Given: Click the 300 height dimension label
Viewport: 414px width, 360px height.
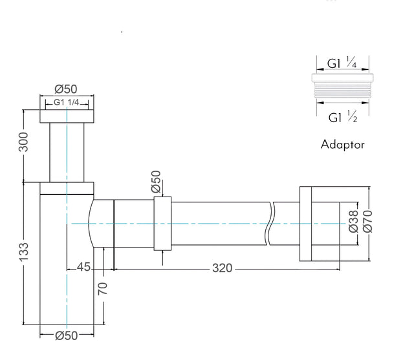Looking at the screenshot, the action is click(23, 142).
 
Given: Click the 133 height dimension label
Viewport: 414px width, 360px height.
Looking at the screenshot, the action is click(23, 252).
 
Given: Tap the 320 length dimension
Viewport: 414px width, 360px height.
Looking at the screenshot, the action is click(222, 268).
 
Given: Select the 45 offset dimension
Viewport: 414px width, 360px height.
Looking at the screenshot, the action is click(83, 267).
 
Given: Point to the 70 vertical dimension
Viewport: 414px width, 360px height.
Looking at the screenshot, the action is click(102, 289).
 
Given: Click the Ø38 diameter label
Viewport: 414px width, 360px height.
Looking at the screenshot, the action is click(353, 221).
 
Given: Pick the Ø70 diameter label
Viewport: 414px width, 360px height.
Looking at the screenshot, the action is click(367, 221).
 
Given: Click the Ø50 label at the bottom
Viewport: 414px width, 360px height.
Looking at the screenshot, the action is click(67, 335).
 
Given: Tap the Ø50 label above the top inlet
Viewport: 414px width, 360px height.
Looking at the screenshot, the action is click(66, 89).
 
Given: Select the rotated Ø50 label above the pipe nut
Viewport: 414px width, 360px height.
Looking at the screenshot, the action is click(156, 182).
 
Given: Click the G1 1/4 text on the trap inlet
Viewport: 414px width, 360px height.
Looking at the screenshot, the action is click(66, 102).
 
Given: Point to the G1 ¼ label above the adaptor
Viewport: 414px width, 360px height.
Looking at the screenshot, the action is click(342, 63).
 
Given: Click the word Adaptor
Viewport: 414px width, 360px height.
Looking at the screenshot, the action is click(342, 145).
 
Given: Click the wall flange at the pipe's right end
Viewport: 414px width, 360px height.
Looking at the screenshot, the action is click(305, 224).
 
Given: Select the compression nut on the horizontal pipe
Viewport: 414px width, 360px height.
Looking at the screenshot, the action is click(162, 224).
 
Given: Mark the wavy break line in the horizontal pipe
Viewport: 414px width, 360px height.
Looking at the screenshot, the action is click(270, 224).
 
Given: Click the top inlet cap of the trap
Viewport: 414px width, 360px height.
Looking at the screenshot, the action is click(67, 116).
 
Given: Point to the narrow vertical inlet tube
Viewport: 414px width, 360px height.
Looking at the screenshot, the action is click(67, 153).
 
